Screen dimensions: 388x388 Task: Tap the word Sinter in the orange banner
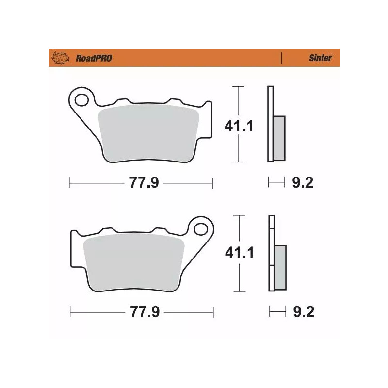[320, 58]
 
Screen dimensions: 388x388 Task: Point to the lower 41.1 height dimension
[238, 254]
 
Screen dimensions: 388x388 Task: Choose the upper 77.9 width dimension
[141, 183]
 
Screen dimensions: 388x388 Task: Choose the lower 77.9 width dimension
[141, 312]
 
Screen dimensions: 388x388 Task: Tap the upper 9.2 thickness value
[303, 183]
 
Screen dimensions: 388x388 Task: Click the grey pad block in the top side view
[279, 138]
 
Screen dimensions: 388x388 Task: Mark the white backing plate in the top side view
[270, 124]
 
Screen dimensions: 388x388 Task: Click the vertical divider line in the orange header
[281, 58]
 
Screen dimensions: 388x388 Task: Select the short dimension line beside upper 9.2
[276, 183]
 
